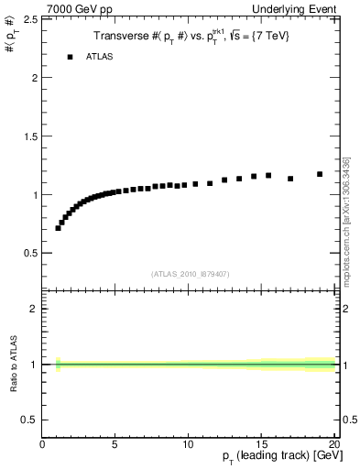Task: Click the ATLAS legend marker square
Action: click(x=70, y=57)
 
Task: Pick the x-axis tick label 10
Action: click(x=187, y=445)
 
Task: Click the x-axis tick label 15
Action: click(x=261, y=445)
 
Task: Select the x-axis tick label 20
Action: click(x=333, y=445)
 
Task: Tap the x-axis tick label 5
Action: click(x=115, y=445)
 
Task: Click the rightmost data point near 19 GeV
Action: click(x=320, y=174)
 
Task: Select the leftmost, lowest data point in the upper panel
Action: click(x=59, y=227)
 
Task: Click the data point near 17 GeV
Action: click(x=290, y=179)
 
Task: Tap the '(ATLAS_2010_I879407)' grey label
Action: click(x=190, y=273)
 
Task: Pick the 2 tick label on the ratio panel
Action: click(x=35, y=309)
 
